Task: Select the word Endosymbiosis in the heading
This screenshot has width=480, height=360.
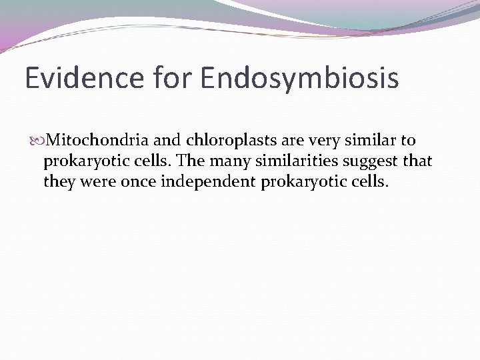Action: (x=299, y=78)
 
